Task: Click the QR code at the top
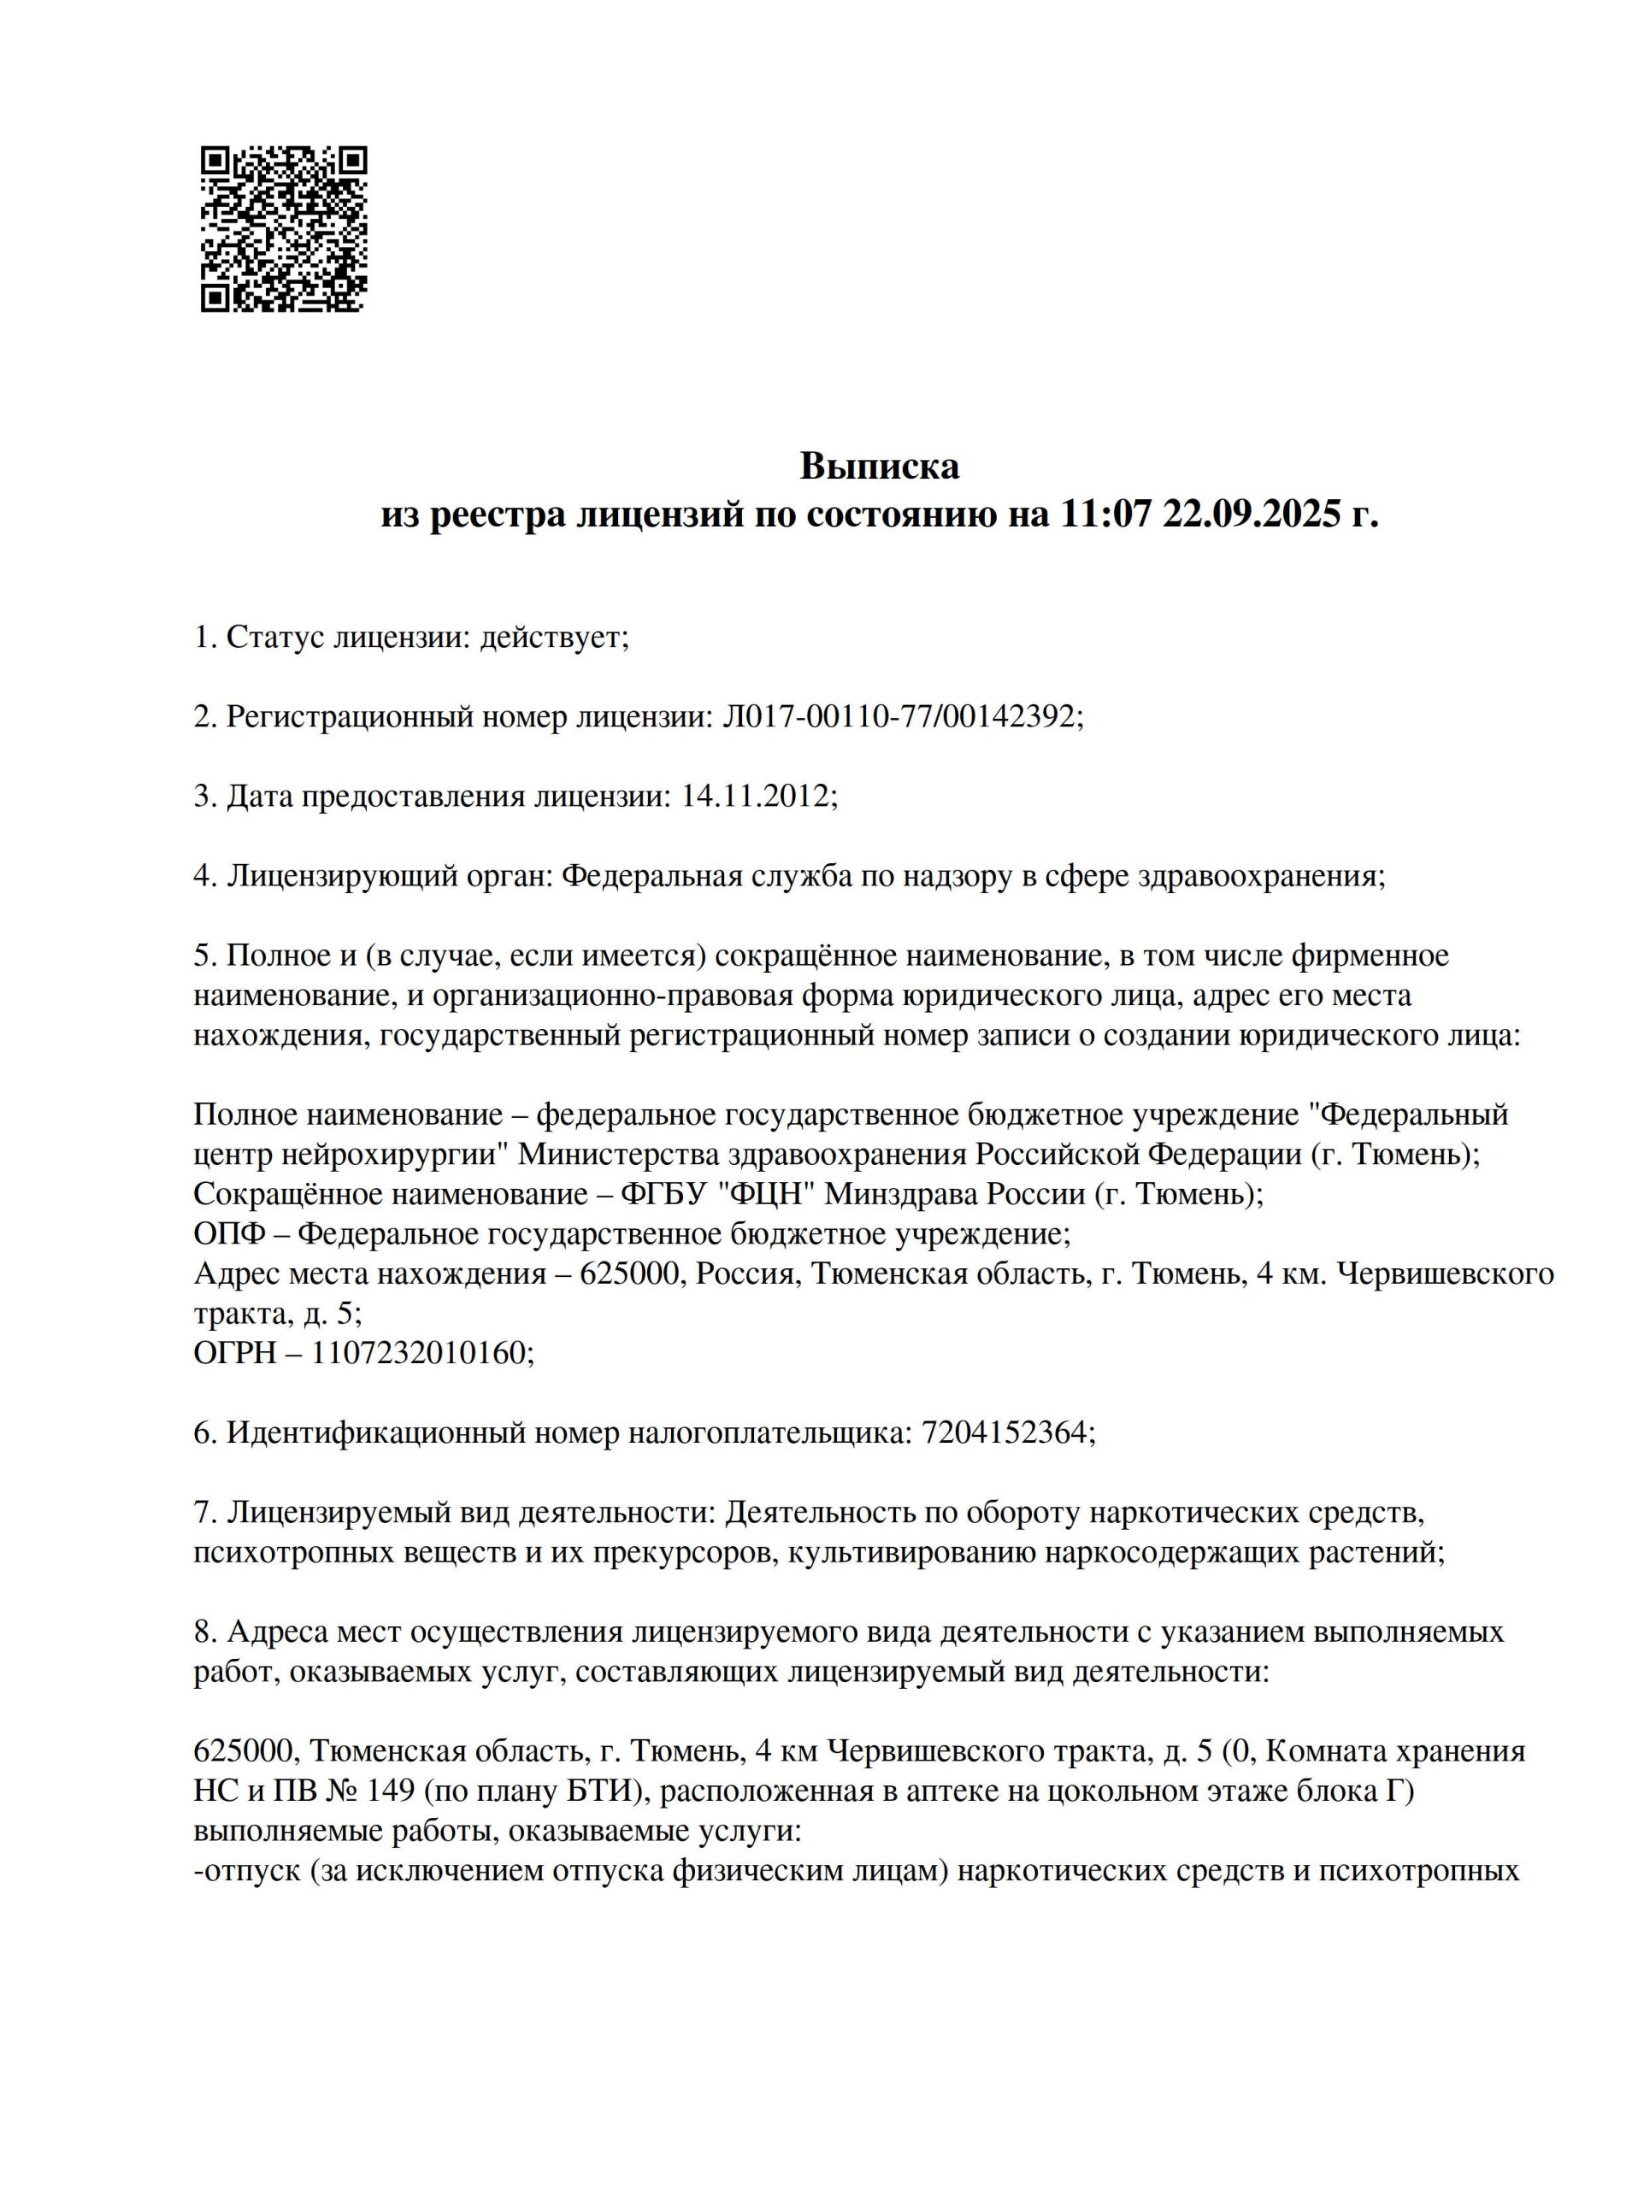point(284,229)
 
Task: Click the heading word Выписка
point(880,465)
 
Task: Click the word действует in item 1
point(552,637)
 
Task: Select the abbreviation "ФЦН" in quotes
point(769,1194)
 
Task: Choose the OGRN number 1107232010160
point(421,1352)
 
